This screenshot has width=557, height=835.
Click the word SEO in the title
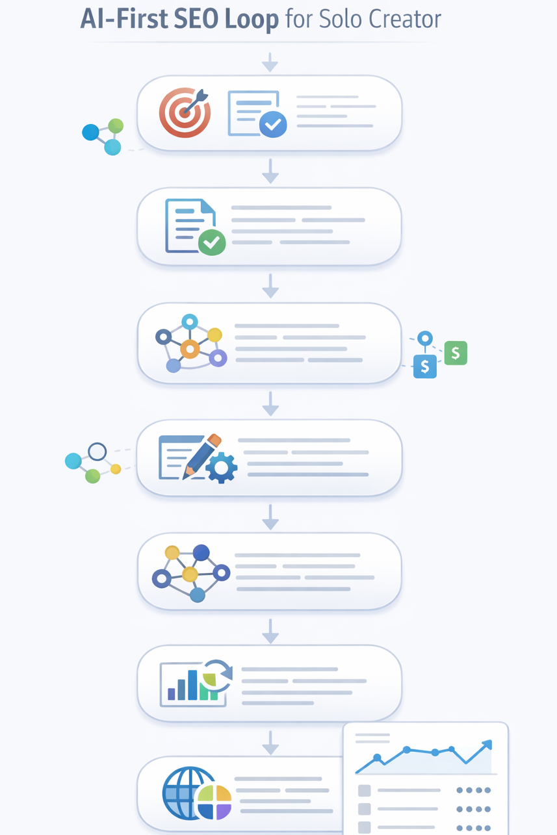click(196, 19)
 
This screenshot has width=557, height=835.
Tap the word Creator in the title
click(405, 19)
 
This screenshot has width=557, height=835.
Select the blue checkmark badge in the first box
click(272, 123)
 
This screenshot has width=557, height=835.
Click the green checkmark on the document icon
click(211, 242)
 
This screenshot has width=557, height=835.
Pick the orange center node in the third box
click(189, 349)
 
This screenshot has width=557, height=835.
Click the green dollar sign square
click(456, 353)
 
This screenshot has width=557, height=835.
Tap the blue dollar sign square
click(424, 366)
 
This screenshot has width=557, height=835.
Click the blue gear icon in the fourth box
click(222, 467)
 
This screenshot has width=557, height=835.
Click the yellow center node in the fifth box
click(189, 574)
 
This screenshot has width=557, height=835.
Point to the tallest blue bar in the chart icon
click(192, 686)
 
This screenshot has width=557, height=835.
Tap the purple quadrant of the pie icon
click(223, 810)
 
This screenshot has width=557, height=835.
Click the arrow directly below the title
click(270, 63)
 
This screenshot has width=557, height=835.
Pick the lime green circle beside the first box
click(116, 126)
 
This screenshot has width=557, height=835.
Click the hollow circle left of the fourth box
click(97, 452)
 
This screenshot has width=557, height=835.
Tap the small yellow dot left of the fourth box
click(116, 469)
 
